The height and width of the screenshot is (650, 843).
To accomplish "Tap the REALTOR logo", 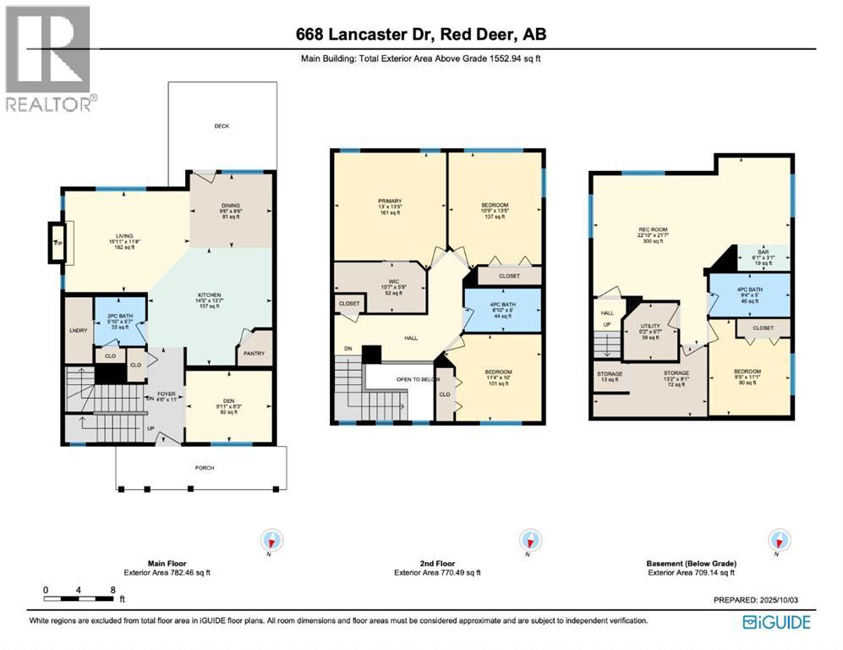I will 48,59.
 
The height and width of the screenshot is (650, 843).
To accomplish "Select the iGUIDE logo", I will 776,623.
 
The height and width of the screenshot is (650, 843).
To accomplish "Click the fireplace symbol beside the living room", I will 57,243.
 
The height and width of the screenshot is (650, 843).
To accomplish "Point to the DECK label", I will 222,126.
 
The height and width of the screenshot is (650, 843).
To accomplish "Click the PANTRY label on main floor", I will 254,354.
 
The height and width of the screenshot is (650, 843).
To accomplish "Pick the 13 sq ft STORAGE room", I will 610,377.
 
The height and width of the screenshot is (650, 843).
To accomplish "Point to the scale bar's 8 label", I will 112,590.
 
